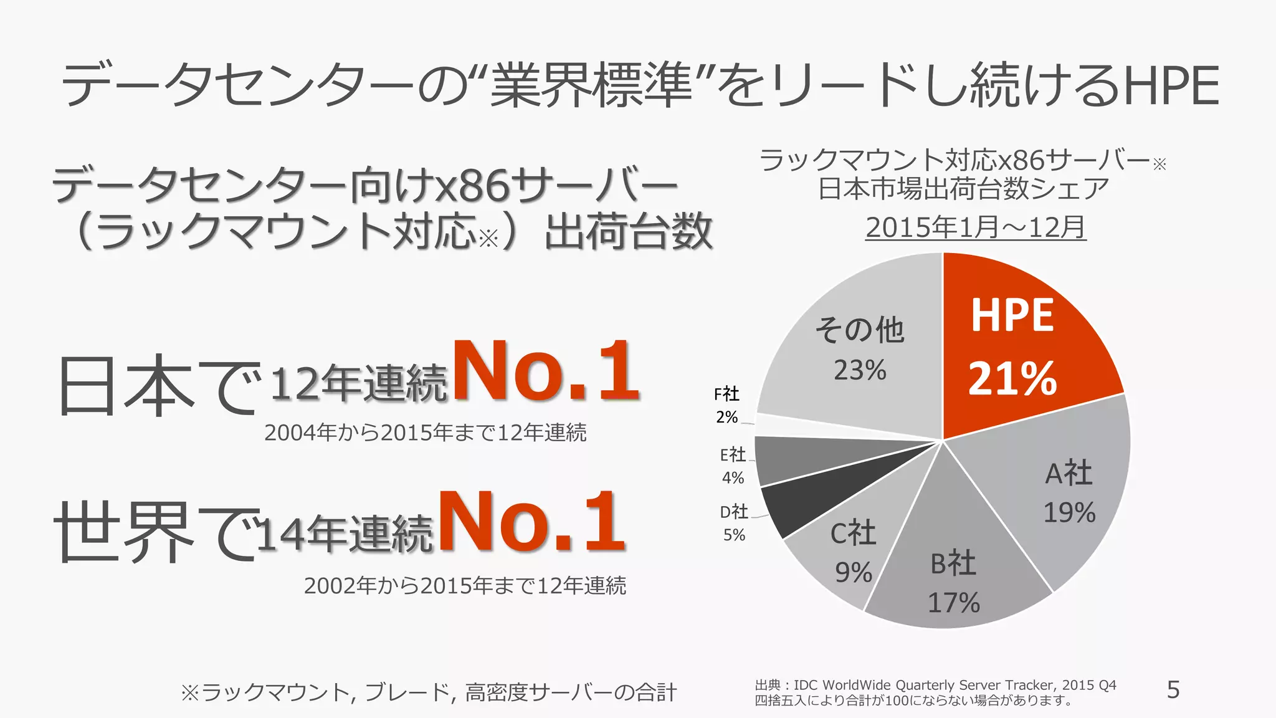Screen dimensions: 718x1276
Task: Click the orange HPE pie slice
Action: click(1022, 349)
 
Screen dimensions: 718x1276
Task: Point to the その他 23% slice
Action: click(860, 349)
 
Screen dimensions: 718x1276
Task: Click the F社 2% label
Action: click(726, 405)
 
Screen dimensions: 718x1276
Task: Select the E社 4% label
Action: click(733, 466)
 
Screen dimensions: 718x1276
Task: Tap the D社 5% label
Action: click(734, 522)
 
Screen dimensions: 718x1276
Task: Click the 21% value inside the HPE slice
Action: click(1012, 379)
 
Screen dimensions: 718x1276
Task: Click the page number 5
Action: click(1173, 690)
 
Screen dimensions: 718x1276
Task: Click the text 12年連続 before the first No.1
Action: click(359, 382)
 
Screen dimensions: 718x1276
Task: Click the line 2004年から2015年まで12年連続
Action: click(425, 433)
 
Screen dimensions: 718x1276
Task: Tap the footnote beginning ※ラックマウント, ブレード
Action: click(428, 692)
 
